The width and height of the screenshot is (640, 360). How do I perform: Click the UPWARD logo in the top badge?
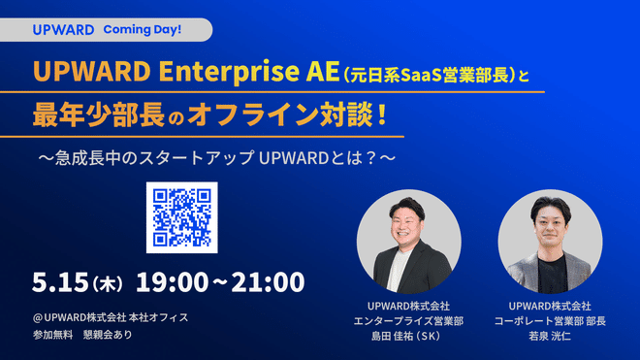63,29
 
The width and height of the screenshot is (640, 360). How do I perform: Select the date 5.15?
61,282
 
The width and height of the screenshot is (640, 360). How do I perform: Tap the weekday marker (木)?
109,284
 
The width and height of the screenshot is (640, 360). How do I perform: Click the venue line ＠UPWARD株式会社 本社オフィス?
110,316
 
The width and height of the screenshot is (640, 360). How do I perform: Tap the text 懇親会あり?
109,335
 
